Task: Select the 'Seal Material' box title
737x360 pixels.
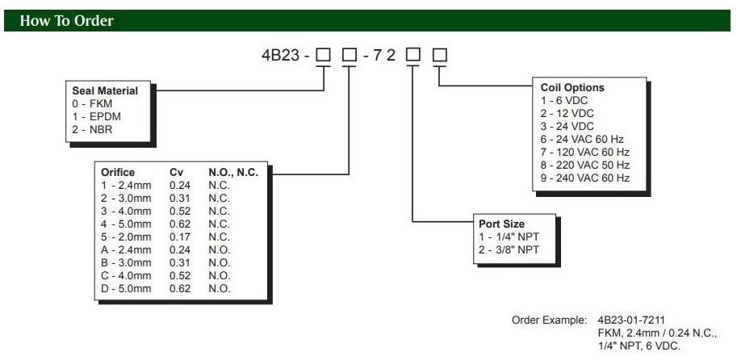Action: coord(105,91)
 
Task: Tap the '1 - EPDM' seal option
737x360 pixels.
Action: coord(97,116)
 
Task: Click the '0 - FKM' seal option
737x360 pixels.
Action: coord(93,103)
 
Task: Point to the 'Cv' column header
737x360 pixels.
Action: coord(176,172)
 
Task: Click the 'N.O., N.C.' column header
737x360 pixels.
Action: coord(232,172)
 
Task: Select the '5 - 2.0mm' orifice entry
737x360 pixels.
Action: coord(125,237)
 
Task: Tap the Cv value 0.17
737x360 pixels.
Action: coord(179,237)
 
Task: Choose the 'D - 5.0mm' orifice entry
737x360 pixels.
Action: coord(126,288)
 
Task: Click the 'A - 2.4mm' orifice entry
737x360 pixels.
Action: coord(126,249)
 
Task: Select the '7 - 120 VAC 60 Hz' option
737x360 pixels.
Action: coord(584,152)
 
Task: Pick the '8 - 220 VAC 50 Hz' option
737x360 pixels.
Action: coord(584,165)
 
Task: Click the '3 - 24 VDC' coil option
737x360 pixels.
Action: coord(568,126)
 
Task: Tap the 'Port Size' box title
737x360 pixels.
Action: coord(502,224)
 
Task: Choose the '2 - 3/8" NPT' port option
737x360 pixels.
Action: coord(509,249)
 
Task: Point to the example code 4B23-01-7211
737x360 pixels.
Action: coord(632,320)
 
